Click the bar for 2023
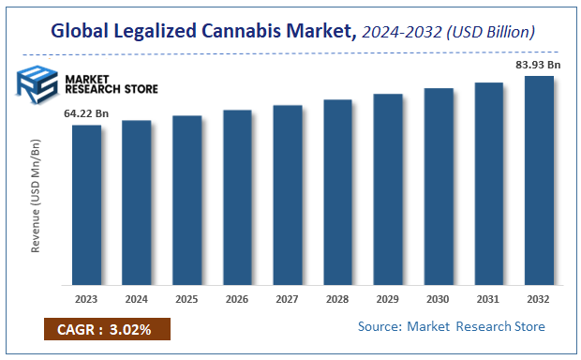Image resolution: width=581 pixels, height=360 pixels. click(86, 204)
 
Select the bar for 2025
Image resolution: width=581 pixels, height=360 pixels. click(186, 200)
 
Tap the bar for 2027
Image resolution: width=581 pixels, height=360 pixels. click(288, 194)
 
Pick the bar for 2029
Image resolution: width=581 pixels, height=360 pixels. click(388, 188)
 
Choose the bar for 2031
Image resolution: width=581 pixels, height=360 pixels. click(488, 183)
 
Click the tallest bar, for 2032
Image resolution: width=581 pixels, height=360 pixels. click(539, 179)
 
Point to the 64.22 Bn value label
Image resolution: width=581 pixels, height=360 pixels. click(86, 113)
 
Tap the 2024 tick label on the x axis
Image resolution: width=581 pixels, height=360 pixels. click(137, 299)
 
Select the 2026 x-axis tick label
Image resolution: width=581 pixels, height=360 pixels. click(237, 299)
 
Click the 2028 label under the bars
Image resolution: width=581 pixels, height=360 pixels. click(337, 299)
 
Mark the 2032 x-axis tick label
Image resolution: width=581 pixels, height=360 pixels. click(539, 299)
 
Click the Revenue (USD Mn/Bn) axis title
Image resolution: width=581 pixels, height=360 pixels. click(37, 196)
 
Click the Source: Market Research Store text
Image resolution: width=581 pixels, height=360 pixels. click(451, 326)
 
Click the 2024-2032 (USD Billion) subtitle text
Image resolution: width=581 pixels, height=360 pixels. click(448, 33)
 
